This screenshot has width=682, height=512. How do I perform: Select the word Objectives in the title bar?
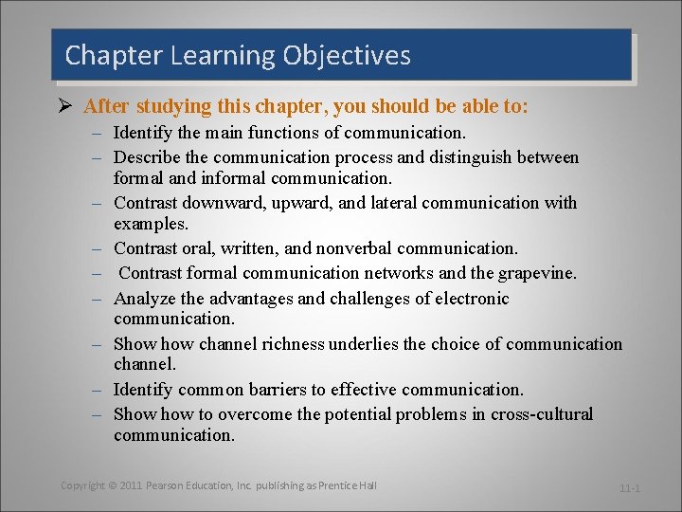point(347,56)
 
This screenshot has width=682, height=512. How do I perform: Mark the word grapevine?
point(534,273)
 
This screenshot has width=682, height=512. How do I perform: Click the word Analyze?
point(142,299)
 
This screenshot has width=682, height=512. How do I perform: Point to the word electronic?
point(470,299)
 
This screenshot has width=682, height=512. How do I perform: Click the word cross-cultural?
point(541,414)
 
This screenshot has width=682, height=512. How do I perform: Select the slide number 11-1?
point(630,488)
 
